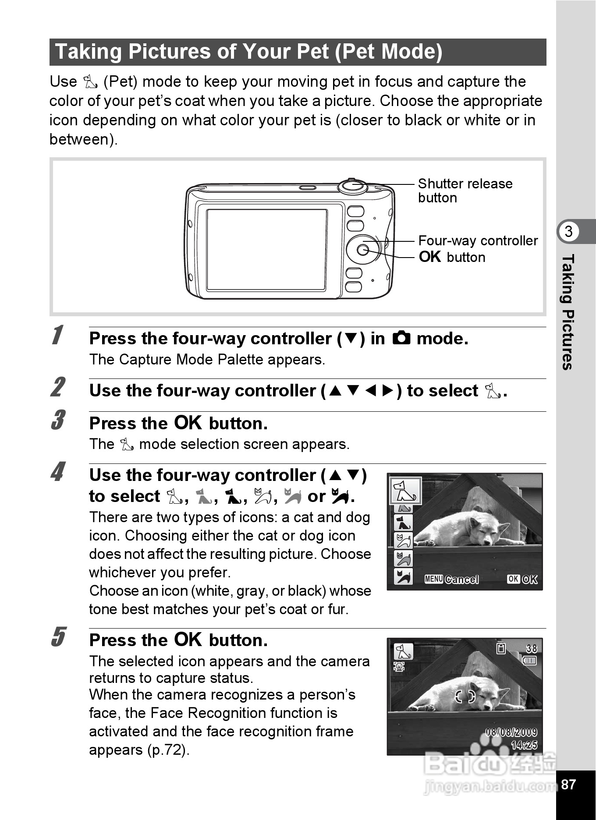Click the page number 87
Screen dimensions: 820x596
pos(568,784)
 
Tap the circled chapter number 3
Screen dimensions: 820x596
pos(568,231)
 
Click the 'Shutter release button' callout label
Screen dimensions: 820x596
pos(465,191)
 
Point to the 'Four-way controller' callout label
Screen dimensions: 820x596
pos(478,240)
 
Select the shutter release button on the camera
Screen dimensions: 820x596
pos(353,185)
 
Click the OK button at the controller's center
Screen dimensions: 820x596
pos(362,250)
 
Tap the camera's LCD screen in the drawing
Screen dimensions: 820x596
pos(266,250)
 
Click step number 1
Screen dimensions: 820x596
pos(57,335)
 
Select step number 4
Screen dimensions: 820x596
pos(57,472)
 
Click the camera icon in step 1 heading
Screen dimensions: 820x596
pos(401,338)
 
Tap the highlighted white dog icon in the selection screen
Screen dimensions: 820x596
pos(405,491)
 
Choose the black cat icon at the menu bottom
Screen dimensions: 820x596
pos(403,576)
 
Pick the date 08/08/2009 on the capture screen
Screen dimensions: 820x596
pos(511,732)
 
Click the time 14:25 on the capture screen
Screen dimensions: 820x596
pos(524,745)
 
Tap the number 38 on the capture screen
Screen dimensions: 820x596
pos(531,648)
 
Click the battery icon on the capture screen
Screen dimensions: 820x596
pos(529,661)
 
